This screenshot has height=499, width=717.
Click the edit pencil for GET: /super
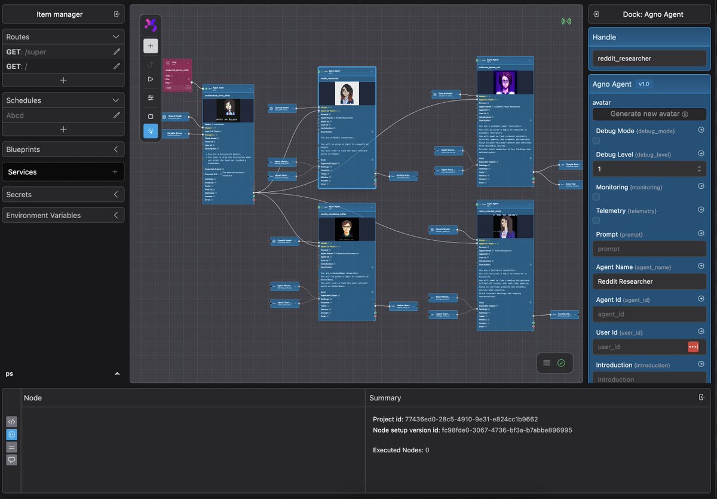pyautogui.click(x=117, y=52)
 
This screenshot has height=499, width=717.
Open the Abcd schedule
pyautogui.click(x=16, y=115)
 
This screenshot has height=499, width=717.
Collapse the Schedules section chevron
pyautogui.click(x=117, y=100)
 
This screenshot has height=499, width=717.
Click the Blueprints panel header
pyautogui.click(x=63, y=149)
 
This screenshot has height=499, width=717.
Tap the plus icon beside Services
pyautogui.click(x=115, y=172)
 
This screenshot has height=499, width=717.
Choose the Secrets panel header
pyautogui.click(x=63, y=194)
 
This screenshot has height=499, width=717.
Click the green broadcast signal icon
pyautogui.click(x=566, y=22)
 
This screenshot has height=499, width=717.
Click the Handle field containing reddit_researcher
pyautogui.click(x=649, y=59)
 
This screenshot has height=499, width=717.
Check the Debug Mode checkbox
pyautogui.click(x=596, y=140)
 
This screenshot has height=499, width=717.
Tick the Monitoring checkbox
pyautogui.click(x=596, y=197)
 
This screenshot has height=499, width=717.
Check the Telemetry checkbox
pyautogui.click(x=596, y=221)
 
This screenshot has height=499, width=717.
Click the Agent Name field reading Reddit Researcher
pyautogui.click(x=649, y=281)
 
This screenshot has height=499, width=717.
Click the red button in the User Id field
pyautogui.click(x=693, y=347)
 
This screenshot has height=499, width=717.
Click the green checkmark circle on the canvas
pyautogui.click(x=561, y=363)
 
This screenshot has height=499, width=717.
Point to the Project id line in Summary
pyautogui.click(x=455, y=419)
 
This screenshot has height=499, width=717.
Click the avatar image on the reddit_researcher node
pyautogui.click(x=347, y=94)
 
